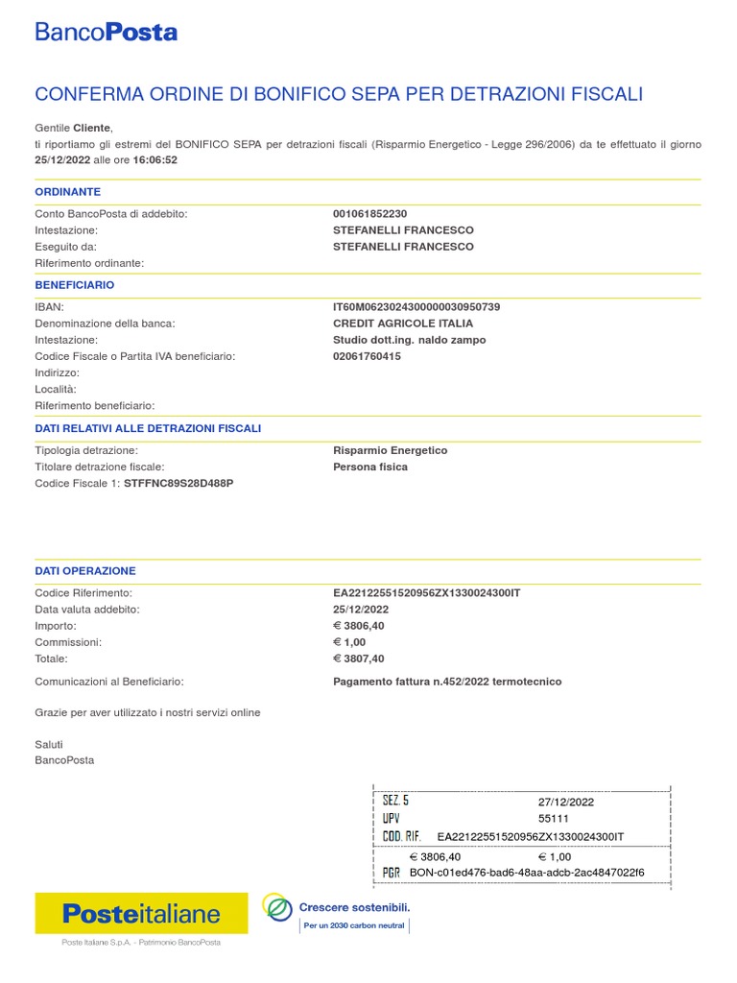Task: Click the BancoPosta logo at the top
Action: point(106,32)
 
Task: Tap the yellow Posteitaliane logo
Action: point(141,914)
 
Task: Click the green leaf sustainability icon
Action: point(278,907)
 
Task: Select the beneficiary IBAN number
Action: point(416,307)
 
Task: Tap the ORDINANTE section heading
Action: point(68,192)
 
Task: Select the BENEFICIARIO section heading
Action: point(75,285)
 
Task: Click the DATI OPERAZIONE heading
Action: point(85,570)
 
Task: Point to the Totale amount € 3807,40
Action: point(359,659)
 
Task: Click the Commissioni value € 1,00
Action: point(349,642)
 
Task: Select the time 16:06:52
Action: point(155,160)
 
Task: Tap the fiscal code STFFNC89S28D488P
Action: point(178,483)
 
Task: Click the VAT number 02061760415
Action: point(367,356)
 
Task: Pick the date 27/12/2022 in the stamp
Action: point(566,802)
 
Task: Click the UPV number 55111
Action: point(554,819)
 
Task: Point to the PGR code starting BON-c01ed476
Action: point(527,873)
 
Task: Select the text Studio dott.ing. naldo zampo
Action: point(409,340)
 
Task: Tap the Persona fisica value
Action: point(370,467)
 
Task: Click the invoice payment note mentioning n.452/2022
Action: point(447,682)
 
